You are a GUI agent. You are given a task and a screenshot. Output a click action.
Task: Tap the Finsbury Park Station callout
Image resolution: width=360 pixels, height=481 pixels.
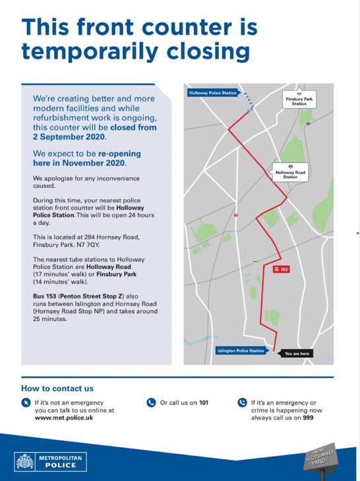[299, 101]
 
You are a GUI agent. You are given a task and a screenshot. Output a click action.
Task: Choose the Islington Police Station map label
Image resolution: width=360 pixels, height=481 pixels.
[241, 351]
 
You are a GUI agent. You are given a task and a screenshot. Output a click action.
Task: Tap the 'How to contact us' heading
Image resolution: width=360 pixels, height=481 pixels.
[57, 388]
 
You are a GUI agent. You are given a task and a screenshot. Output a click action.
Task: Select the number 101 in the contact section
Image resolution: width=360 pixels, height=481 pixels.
[204, 402]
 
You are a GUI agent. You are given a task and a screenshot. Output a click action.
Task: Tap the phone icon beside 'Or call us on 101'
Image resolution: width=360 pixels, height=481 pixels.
[150, 402]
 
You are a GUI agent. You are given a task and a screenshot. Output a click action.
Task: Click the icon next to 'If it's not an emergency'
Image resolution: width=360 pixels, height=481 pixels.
[26, 402]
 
